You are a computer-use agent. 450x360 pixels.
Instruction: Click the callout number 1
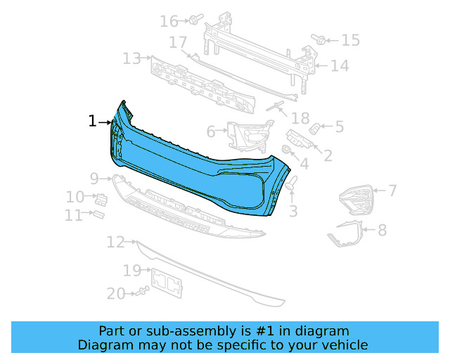pos(92,122)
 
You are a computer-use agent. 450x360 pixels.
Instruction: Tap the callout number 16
pos(169,21)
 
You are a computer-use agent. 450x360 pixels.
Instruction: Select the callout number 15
pos(350,41)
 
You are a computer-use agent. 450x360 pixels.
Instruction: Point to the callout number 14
pos(340,66)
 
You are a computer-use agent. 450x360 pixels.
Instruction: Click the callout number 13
pos(131,58)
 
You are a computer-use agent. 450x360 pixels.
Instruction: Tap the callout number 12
pos(116,243)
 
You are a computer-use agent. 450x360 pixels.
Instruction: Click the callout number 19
pos(132,271)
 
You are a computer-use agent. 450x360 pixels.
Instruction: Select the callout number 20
pos(116,293)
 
